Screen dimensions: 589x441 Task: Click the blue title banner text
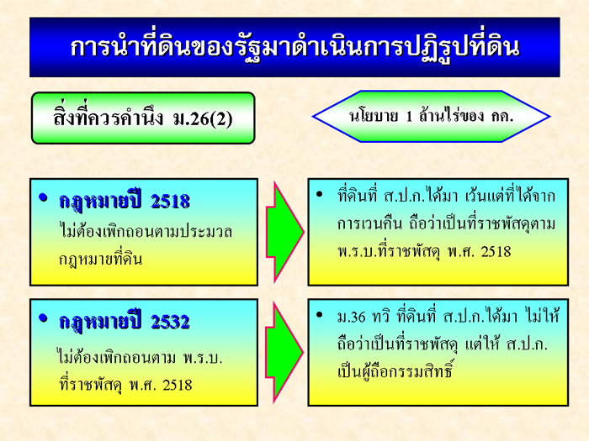tap(294, 48)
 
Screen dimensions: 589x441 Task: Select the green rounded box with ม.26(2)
tap(143, 118)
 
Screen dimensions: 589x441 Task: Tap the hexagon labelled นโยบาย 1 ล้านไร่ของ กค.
tap(431, 116)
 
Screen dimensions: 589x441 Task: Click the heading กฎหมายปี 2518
tap(125, 201)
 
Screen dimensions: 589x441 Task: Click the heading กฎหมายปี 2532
tap(125, 322)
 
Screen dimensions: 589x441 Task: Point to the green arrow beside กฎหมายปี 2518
tap(284, 232)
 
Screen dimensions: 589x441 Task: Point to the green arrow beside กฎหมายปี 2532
tap(284, 353)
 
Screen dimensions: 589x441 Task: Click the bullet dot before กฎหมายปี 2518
tap(44, 197)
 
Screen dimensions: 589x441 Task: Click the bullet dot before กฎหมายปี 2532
tap(44, 318)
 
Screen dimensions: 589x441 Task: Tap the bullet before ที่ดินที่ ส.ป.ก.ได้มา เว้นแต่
tap(320, 194)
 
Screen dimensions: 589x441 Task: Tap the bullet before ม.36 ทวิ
tap(320, 315)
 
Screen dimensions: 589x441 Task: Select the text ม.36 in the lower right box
tap(351, 318)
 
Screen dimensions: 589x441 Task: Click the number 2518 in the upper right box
tap(496, 251)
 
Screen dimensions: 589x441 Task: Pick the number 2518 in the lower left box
tap(178, 385)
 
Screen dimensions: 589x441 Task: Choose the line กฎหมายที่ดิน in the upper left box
tap(101, 259)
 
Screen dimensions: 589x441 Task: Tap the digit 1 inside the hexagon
tap(409, 117)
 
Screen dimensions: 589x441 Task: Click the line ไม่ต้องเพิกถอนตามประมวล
tap(146, 230)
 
